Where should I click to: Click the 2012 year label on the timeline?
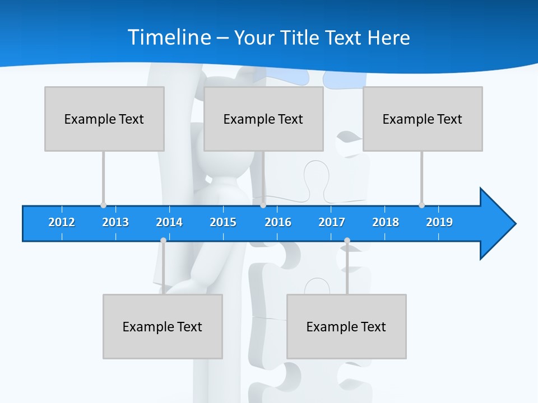click(62, 222)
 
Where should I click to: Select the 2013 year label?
click(115, 222)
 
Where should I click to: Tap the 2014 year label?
click(169, 222)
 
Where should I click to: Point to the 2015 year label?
click(223, 222)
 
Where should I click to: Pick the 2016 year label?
click(278, 222)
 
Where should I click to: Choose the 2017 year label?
click(332, 222)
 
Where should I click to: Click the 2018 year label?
click(386, 222)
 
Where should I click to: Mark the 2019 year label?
click(439, 222)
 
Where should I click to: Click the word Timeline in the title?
click(168, 38)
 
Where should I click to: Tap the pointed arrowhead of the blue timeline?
click(499, 224)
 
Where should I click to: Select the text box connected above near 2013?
click(104, 119)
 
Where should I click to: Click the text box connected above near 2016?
click(263, 119)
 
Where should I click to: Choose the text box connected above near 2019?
click(423, 119)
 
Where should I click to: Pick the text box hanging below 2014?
click(163, 326)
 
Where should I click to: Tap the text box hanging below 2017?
click(346, 326)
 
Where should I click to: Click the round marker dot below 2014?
click(163, 240)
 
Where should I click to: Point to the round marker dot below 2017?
click(347, 240)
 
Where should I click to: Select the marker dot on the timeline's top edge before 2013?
click(103, 205)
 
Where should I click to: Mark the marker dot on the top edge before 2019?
click(421, 205)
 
